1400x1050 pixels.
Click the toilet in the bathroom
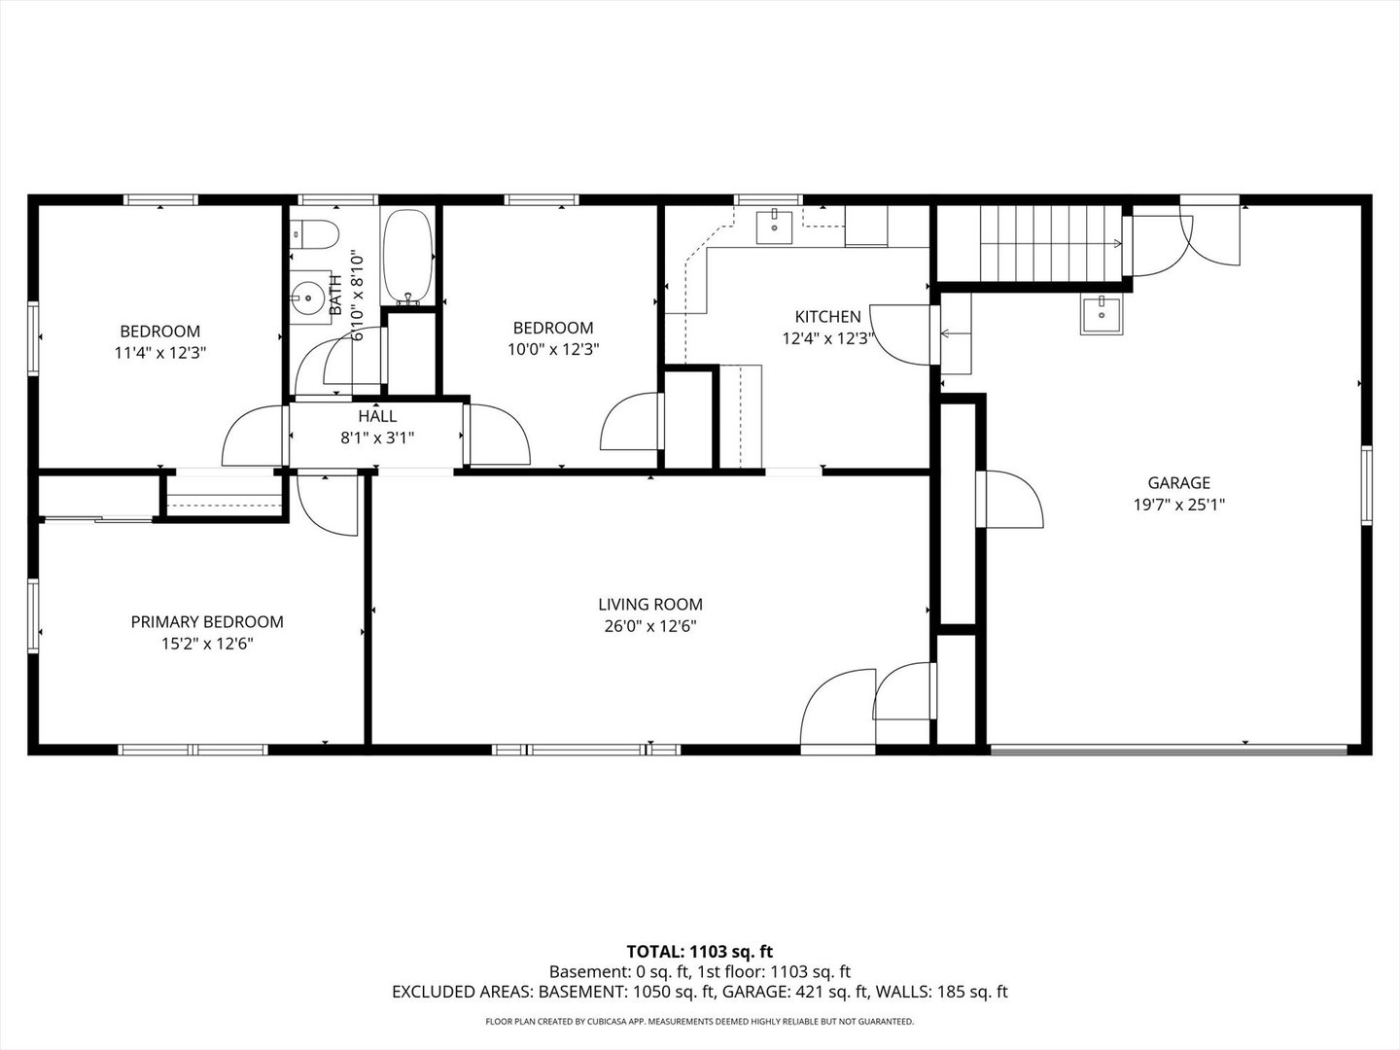coord(313,234)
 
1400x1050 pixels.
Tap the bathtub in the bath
coord(407,257)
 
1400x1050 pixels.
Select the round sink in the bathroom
coord(308,297)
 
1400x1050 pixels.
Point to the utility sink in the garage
coord(1102,315)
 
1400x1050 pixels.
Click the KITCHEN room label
coord(828,316)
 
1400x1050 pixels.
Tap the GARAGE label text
coord(1178,482)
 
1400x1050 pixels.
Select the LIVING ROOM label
coord(650,604)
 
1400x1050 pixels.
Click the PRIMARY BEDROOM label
coord(207,621)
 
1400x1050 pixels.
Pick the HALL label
coord(377,416)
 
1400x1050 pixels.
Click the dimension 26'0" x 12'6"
coord(650,626)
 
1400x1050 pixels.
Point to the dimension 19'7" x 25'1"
coord(1178,505)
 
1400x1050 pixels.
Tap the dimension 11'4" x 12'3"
coord(160,353)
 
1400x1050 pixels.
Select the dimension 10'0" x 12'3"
coord(553,349)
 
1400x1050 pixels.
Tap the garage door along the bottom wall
coord(1169,751)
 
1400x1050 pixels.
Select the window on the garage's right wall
coord(1367,485)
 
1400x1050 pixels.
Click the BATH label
coord(335,295)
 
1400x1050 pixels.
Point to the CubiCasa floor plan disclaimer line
coord(700,1021)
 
